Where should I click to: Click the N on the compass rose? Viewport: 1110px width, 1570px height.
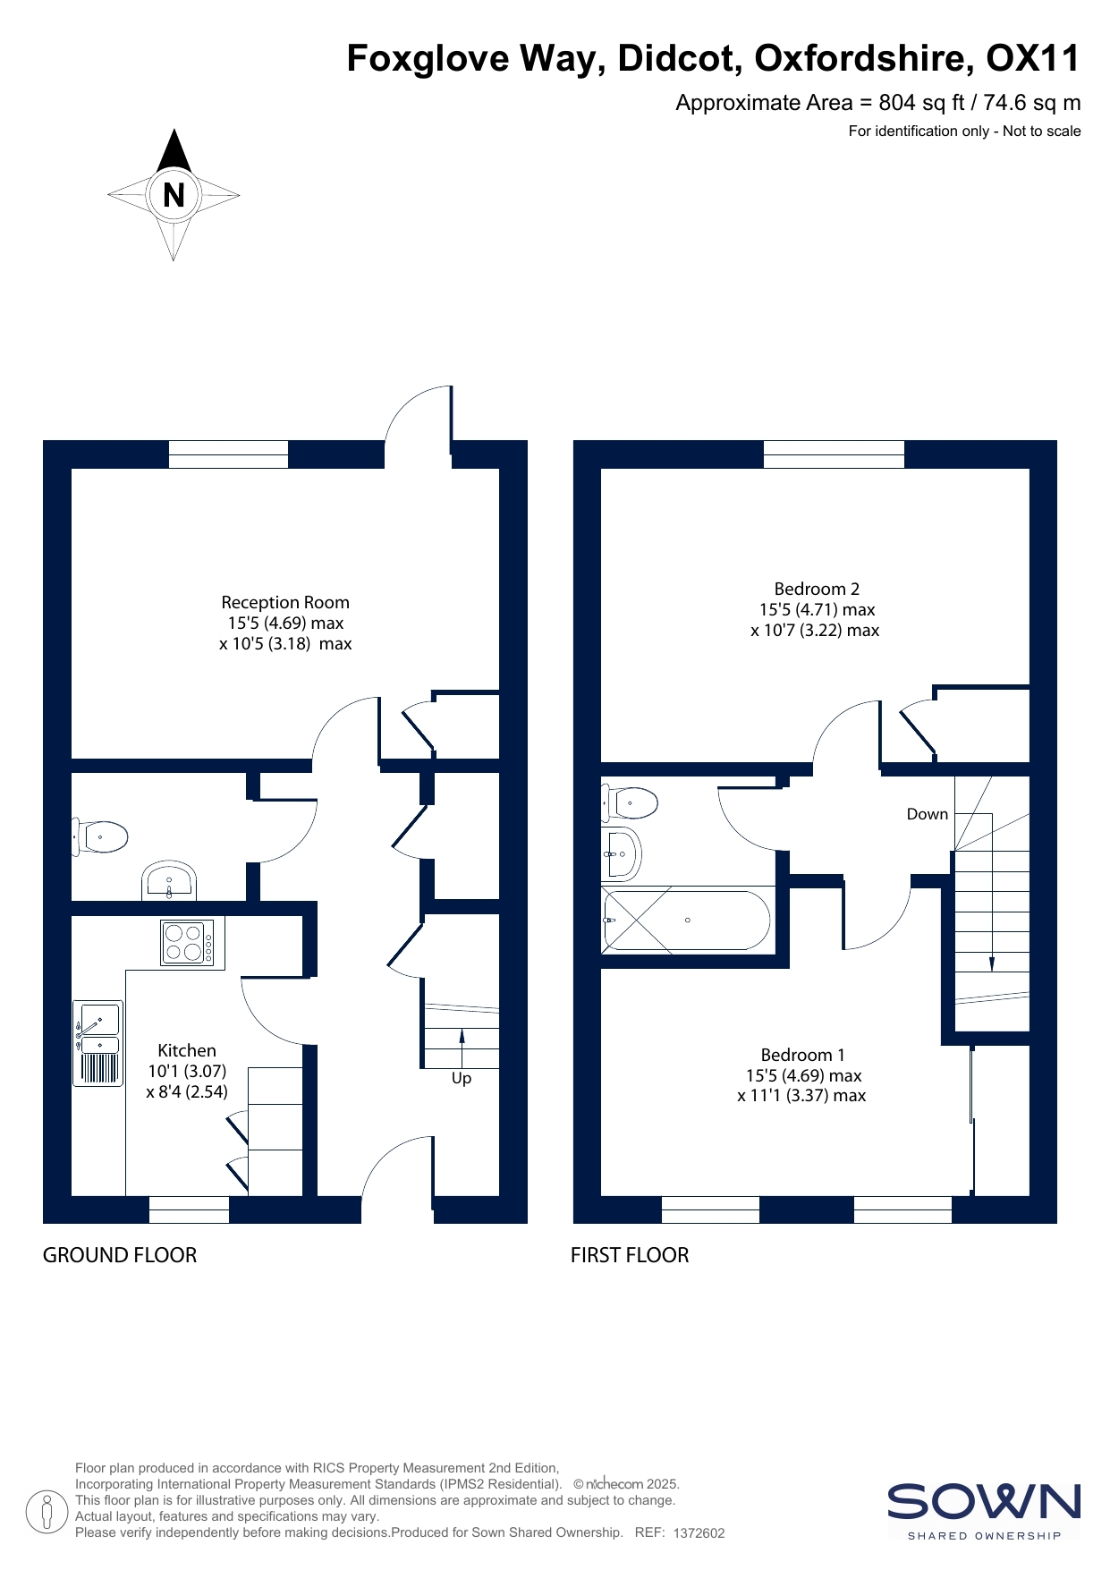tap(174, 194)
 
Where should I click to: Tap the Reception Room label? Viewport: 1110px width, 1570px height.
tap(285, 602)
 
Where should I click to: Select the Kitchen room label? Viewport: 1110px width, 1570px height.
tap(187, 1050)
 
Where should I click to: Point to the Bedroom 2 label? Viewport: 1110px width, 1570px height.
tap(817, 589)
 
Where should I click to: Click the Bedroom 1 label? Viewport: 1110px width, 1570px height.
tap(802, 1055)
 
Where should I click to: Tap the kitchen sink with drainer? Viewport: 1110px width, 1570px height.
tap(98, 1043)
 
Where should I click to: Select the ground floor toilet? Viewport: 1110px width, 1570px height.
tap(100, 837)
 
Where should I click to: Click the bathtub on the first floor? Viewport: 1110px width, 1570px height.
tap(687, 921)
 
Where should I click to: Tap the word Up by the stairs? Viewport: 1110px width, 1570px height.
tap(462, 1078)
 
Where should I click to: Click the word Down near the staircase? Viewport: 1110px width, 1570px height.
tap(928, 814)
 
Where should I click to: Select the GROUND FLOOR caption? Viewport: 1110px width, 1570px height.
tap(120, 1255)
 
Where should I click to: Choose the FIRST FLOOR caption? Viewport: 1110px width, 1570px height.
tap(630, 1255)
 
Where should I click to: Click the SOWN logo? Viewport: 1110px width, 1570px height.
tap(984, 1511)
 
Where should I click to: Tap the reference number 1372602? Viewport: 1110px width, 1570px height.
tap(699, 1532)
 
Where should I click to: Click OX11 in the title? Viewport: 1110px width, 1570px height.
tap(1033, 58)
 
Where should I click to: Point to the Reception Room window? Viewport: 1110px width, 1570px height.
tap(229, 454)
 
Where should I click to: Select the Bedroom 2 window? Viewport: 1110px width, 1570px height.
tap(834, 454)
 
